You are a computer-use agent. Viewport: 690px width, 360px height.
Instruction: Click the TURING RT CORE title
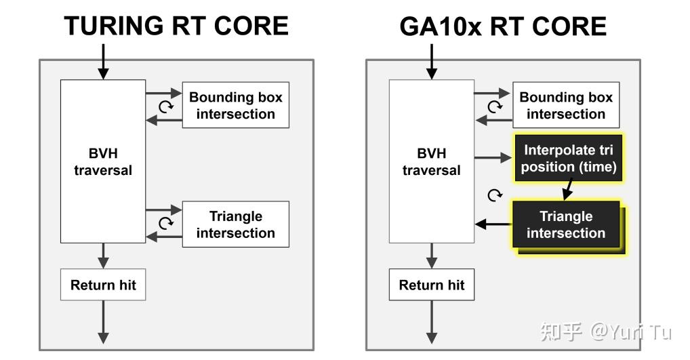pyautogui.click(x=176, y=26)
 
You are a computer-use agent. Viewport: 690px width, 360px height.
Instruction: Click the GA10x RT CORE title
pyautogui.click(x=502, y=26)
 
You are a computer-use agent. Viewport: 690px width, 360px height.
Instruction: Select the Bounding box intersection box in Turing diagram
pyautogui.click(x=235, y=105)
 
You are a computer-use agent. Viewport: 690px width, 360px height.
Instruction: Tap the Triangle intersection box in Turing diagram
pyautogui.click(x=235, y=224)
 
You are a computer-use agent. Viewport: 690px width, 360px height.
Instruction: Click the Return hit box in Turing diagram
pyautogui.click(x=103, y=285)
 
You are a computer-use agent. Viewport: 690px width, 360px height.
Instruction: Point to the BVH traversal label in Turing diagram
pyautogui.click(x=103, y=161)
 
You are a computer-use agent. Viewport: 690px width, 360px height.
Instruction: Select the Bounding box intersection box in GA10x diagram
pyautogui.click(x=565, y=105)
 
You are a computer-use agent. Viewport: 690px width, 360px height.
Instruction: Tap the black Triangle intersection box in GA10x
pyautogui.click(x=565, y=224)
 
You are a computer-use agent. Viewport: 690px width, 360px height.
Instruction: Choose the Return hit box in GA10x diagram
pyautogui.click(x=432, y=285)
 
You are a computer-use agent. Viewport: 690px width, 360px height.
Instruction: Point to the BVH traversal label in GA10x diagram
pyautogui.click(x=431, y=161)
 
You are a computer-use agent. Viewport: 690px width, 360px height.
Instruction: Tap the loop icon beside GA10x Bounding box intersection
pyautogui.click(x=495, y=106)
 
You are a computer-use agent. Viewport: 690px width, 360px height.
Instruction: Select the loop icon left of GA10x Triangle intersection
pyautogui.click(x=495, y=195)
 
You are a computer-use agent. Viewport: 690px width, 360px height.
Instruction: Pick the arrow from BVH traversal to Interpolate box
pyautogui.click(x=492, y=157)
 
